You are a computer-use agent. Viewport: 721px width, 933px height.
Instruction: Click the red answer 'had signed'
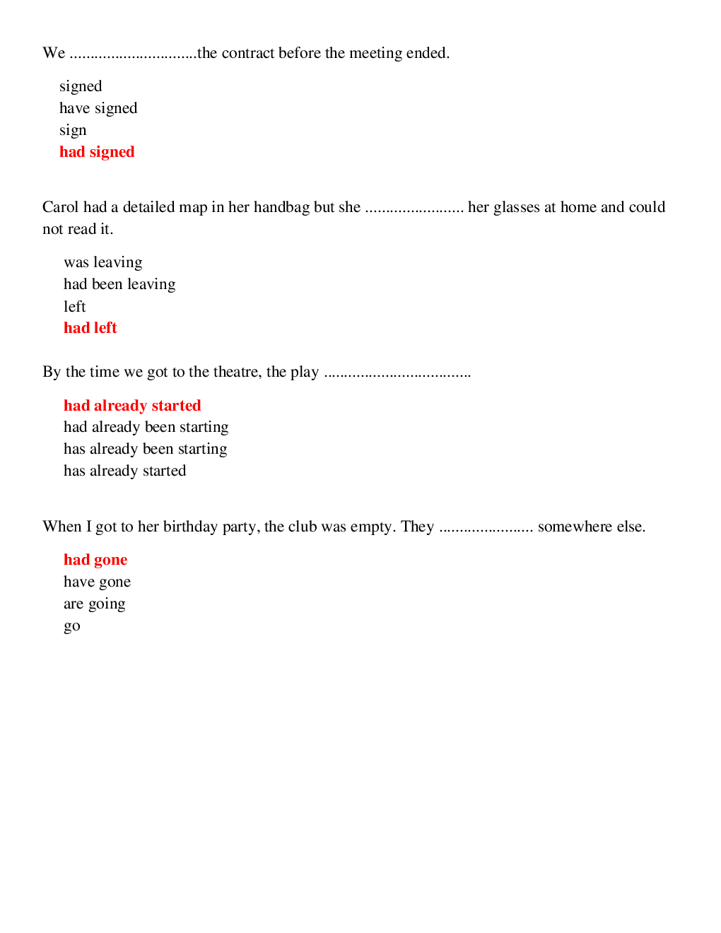97,152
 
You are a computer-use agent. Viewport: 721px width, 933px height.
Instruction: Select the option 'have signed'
98,108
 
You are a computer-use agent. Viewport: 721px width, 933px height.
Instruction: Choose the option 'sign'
73,131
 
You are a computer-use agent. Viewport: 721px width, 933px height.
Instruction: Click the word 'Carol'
61,207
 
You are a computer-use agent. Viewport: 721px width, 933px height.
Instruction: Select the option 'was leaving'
103,262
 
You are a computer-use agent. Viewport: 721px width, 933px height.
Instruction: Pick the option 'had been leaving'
119,284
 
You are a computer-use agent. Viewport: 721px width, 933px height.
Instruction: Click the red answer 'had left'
90,328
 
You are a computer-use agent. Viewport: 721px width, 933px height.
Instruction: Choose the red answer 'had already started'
132,406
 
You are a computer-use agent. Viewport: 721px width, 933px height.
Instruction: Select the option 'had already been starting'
146,427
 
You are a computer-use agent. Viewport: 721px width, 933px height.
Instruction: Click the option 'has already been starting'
146,449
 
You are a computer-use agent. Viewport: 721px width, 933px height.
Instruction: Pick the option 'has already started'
125,471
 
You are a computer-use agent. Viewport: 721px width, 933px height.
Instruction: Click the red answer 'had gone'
95,560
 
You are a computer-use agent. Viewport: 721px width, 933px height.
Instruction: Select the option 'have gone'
98,582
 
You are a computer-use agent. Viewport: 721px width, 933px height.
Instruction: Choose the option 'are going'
95,604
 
